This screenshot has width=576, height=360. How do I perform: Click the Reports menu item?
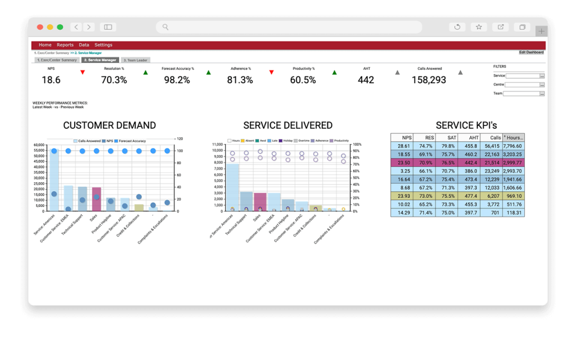click(65, 45)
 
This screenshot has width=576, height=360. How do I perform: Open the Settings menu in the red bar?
click(103, 45)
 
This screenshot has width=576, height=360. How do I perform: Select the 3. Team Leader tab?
click(135, 60)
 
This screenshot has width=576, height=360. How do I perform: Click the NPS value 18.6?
click(51, 80)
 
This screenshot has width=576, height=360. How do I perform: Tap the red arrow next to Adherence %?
click(272, 73)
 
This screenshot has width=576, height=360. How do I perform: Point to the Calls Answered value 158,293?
click(429, 80)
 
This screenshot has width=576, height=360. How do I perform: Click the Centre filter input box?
click(521, 85)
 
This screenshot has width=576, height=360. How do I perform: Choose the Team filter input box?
click(521, 94)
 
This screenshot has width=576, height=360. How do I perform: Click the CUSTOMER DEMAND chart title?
click(110, 125)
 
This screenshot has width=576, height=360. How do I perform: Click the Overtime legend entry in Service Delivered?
click(302, 141)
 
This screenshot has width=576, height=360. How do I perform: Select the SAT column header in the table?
click(448, 137)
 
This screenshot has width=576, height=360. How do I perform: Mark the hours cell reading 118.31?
click(513, 213)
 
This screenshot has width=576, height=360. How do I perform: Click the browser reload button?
click(457, 27)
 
